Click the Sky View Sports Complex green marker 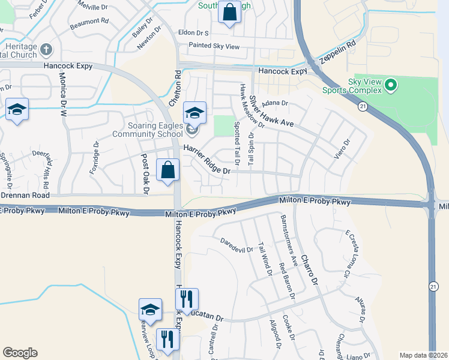391,85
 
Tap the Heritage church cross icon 47,49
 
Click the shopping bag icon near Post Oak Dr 168,170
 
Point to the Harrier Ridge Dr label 207,163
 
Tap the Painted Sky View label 214,46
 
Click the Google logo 20,353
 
